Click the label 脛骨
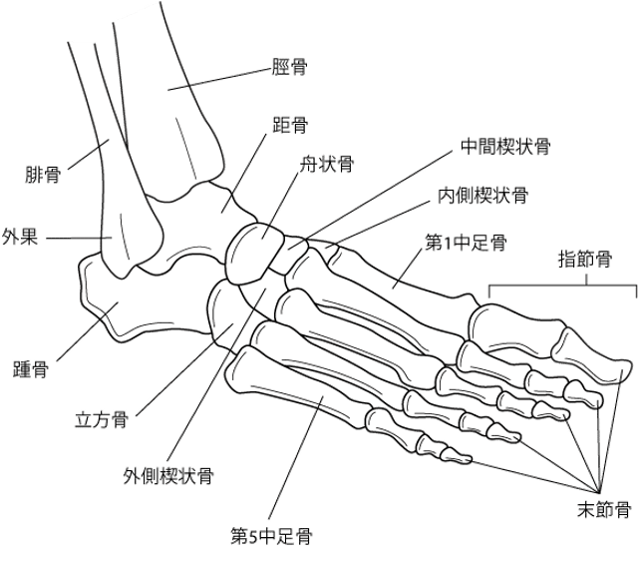(289, 67)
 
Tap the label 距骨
(290, 125)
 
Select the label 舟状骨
(326, 165)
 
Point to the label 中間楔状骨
(505, 147)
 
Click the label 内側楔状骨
(482, 196)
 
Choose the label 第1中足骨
(466, 243)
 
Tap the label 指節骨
(585, 259)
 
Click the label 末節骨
(604, 509)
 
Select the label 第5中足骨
(271, 536)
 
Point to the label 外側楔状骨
(168, 475)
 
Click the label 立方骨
(102, 419)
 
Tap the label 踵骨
(31, 369)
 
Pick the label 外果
(20, 237)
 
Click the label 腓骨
(43, 175)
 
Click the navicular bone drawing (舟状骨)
(254, 254)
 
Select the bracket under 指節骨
(562, 285)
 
